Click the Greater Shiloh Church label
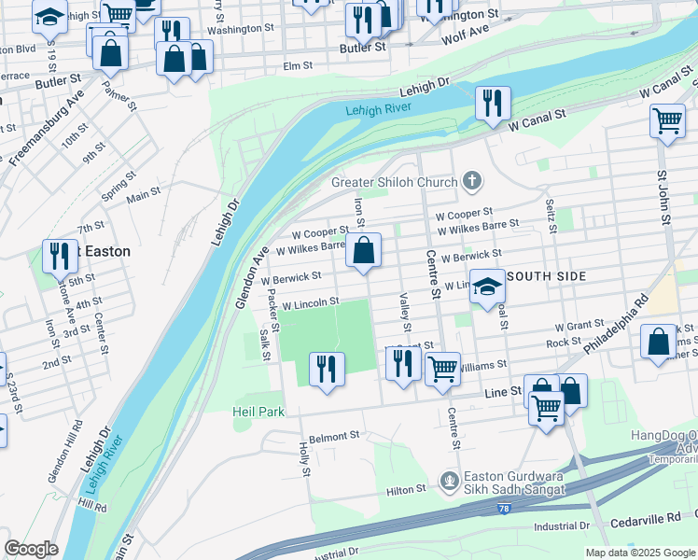[x=395, y=182]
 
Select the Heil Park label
[x=255, y=410]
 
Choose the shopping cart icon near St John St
[x=667, y=119]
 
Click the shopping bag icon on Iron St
[x=363, y=249]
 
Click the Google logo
[x=31, y=549]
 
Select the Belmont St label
[x=334, y=436]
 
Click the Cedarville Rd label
[x=648, y=518]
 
